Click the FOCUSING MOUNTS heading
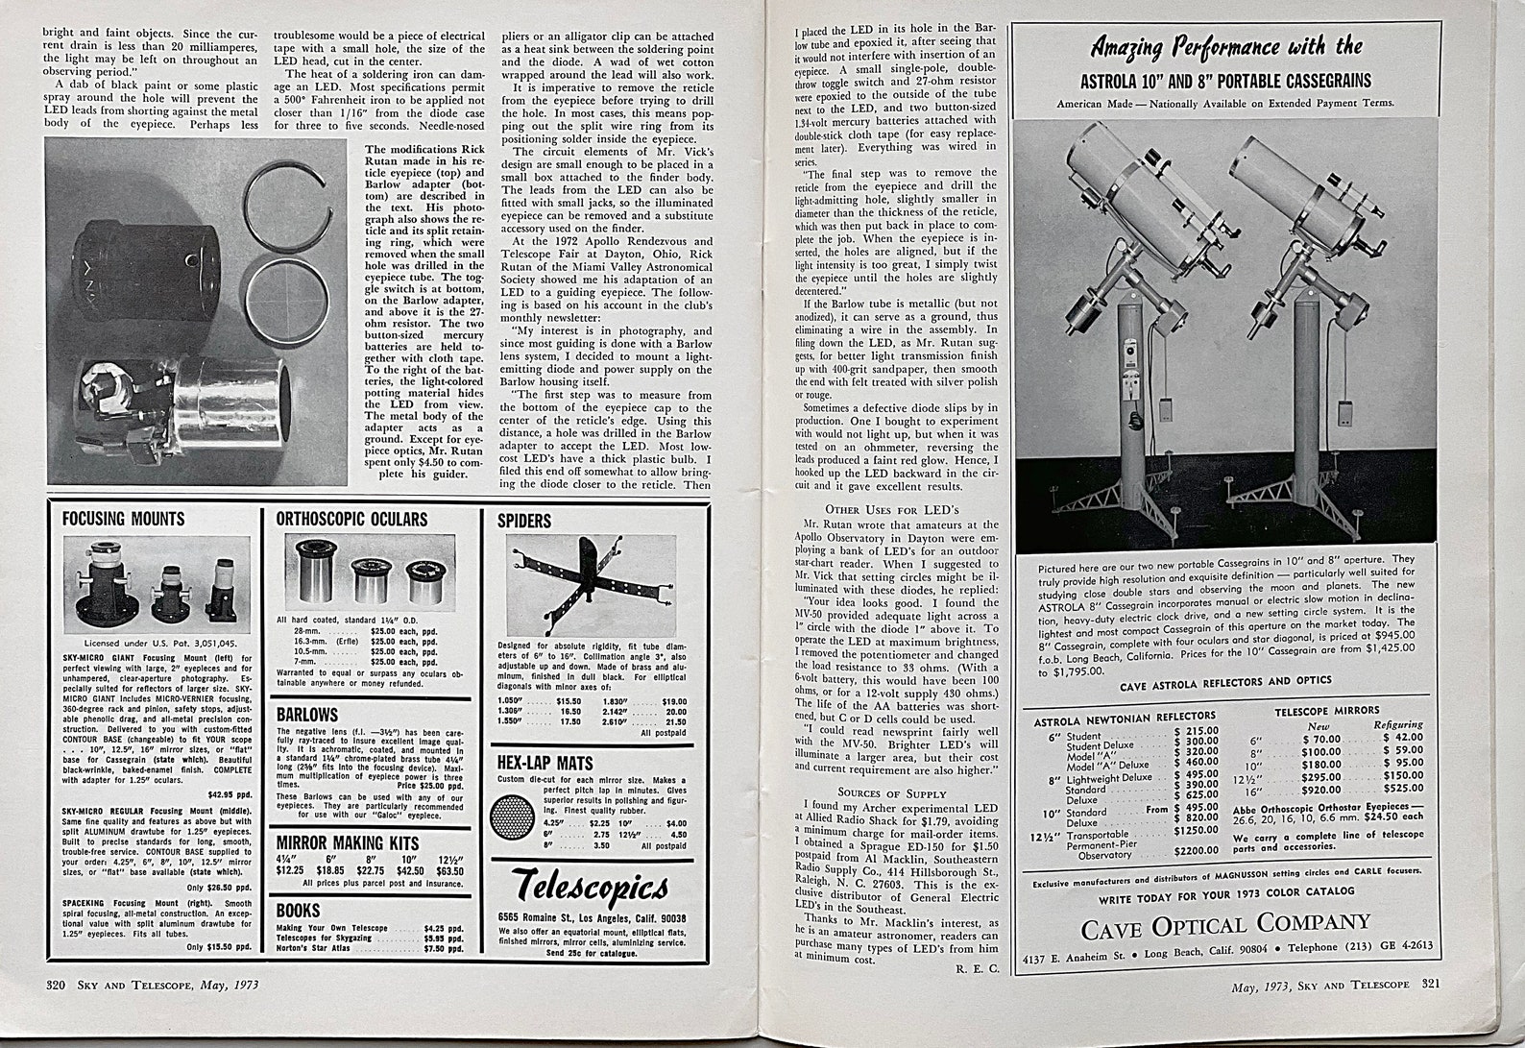click(123, 519)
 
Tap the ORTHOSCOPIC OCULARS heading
click(351, 519)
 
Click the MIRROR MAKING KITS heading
click(348, 842)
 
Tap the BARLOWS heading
click(307, 714)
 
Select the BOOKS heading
click(299, 910)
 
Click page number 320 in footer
click(56, 984)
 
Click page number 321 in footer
click(1431, 984)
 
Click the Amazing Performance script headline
click(1226, 47)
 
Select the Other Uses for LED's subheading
click(891, 508)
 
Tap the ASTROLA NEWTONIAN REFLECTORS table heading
click(1124, 716)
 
